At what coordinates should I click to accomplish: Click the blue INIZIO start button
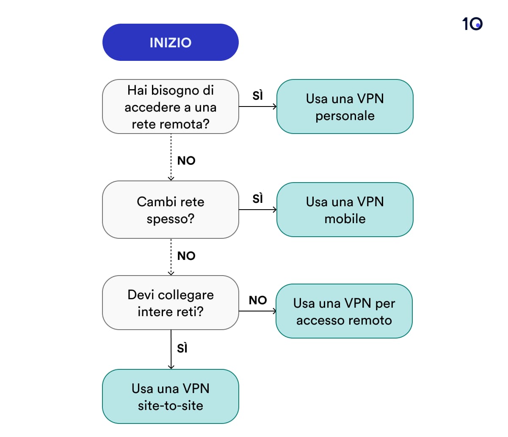tap(170, 42)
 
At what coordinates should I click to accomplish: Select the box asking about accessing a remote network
tap(170, 107)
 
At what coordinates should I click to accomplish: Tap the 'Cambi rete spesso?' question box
tap(170, 210)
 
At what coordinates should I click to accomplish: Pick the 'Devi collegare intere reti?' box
tap(170, 303)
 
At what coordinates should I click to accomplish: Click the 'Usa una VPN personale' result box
tap(345, 107)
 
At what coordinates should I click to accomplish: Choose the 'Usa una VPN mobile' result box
tap(345, 210)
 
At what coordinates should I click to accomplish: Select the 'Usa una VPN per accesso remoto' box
tap(344, 311)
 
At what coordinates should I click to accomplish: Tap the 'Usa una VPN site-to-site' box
tap(170, 396)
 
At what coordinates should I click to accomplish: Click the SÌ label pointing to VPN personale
tap(257, 96)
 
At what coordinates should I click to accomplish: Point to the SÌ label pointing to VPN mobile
tap(257, 199)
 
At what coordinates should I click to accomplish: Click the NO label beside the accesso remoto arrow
tap(257, 300)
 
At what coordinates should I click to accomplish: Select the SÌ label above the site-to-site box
tap(182, 348)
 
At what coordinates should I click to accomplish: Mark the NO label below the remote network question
tap(186, 161)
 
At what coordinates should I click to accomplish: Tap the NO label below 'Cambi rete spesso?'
tap(186, 256)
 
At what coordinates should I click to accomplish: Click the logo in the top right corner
tap(472, 24)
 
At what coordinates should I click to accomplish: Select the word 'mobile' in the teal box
tap(345, 218)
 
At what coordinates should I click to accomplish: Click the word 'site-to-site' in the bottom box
tap(170, 405)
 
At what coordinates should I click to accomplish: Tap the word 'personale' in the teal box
tap(345, 115)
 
